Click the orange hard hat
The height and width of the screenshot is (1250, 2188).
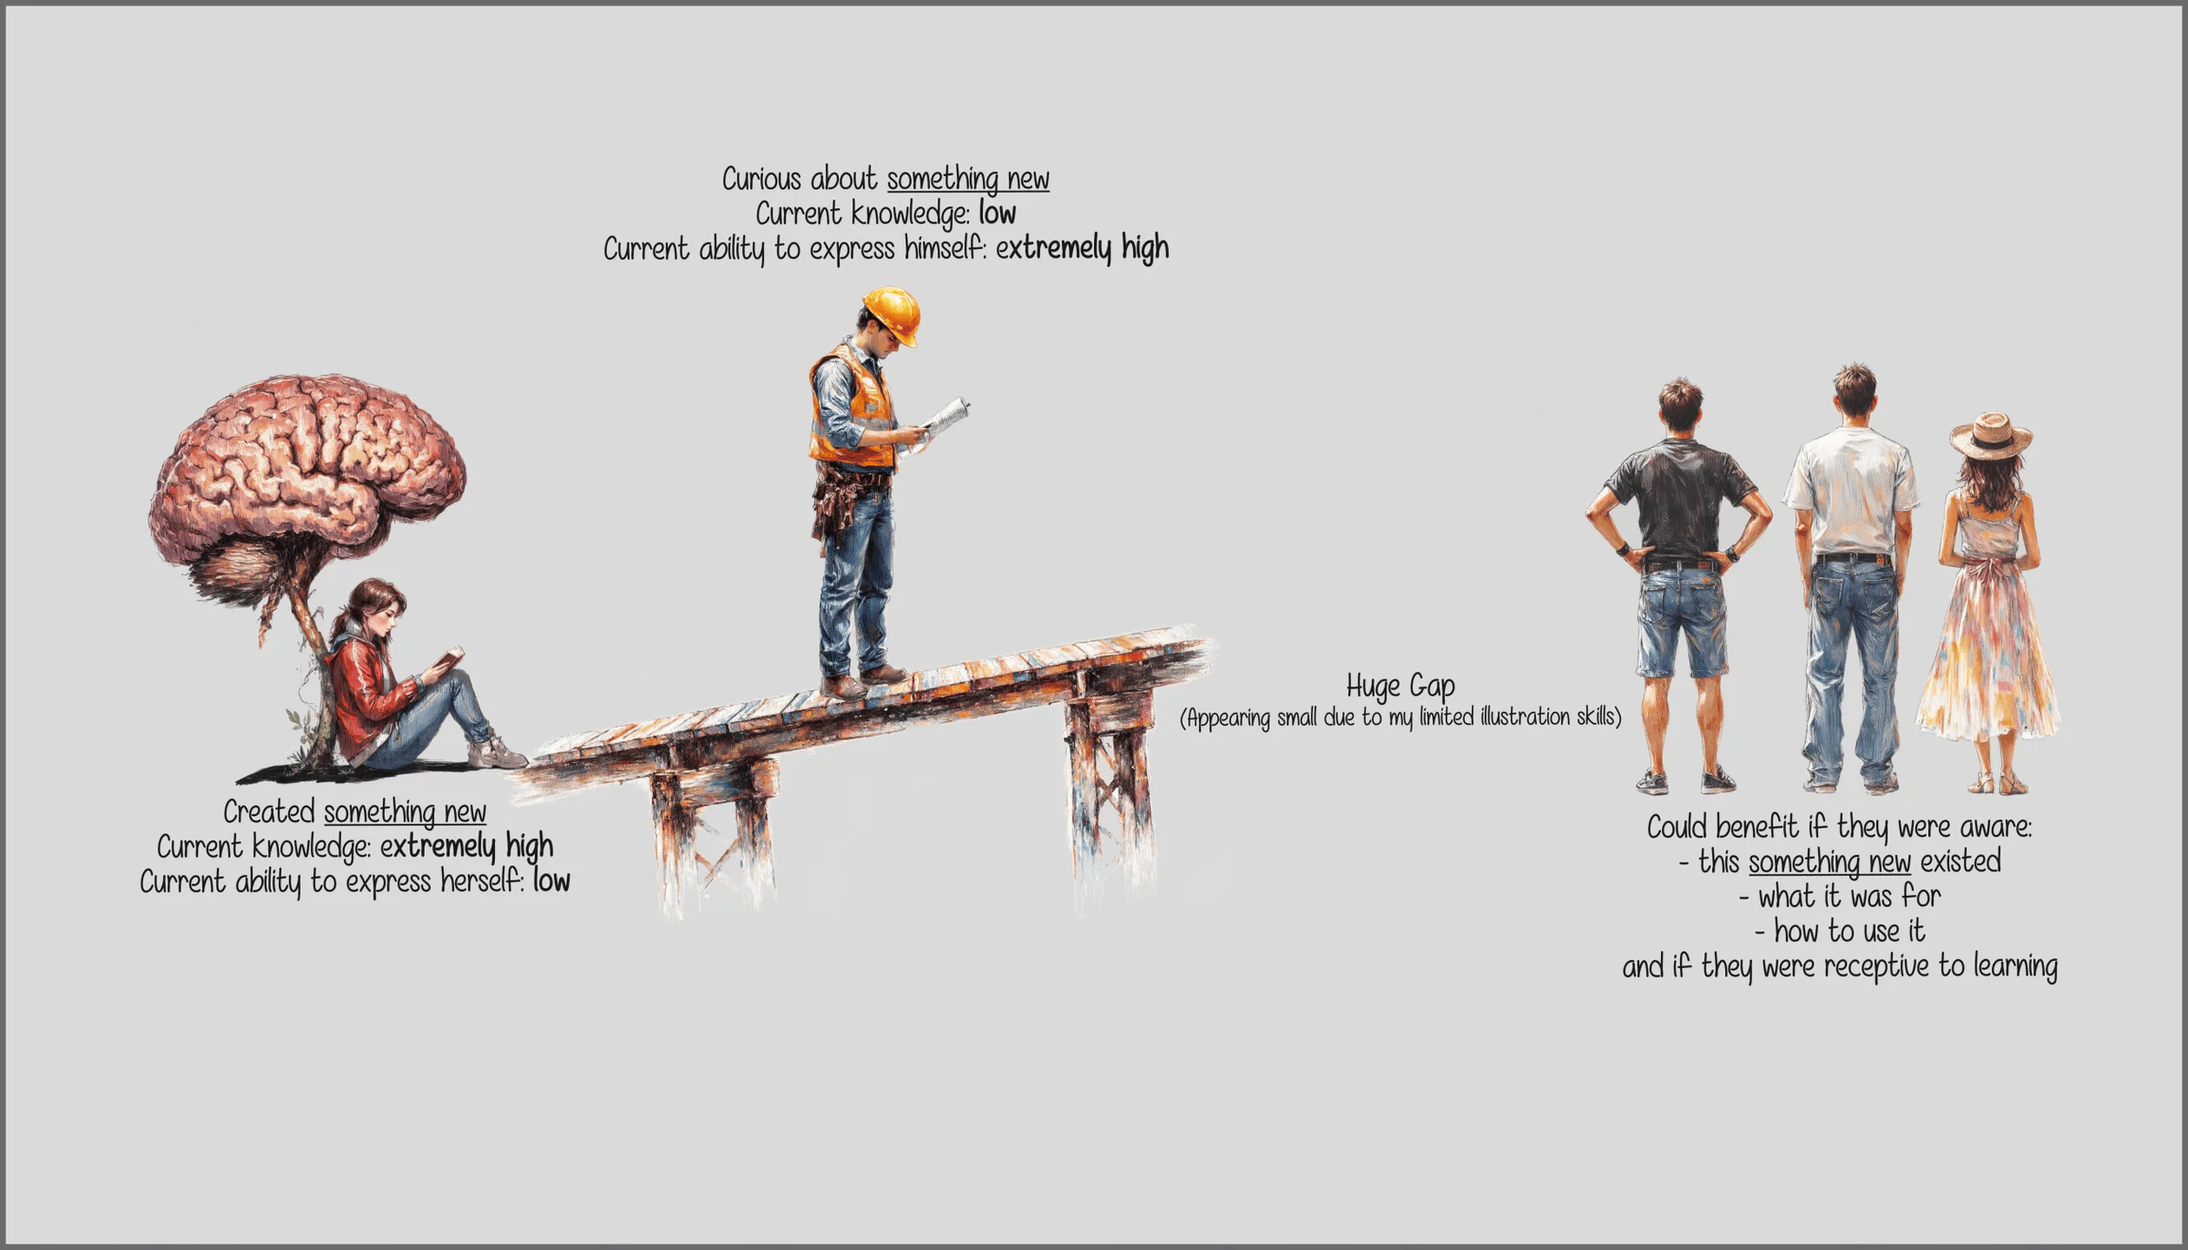pos(892,315)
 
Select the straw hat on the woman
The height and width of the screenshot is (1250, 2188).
pos(1991,436)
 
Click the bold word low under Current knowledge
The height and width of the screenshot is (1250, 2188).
pos(997,214)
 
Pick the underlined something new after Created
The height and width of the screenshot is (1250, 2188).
pos(405,812)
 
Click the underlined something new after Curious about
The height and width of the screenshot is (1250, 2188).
pos(968,180)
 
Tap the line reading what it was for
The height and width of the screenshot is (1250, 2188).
pos(1840,897)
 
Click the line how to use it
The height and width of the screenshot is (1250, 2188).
pos(1840,932)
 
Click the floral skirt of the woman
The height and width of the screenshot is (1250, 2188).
pos(1987,653)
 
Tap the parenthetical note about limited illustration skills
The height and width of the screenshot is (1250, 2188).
pos(1400,718)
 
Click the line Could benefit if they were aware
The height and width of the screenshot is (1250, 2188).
pos(1840,828)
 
